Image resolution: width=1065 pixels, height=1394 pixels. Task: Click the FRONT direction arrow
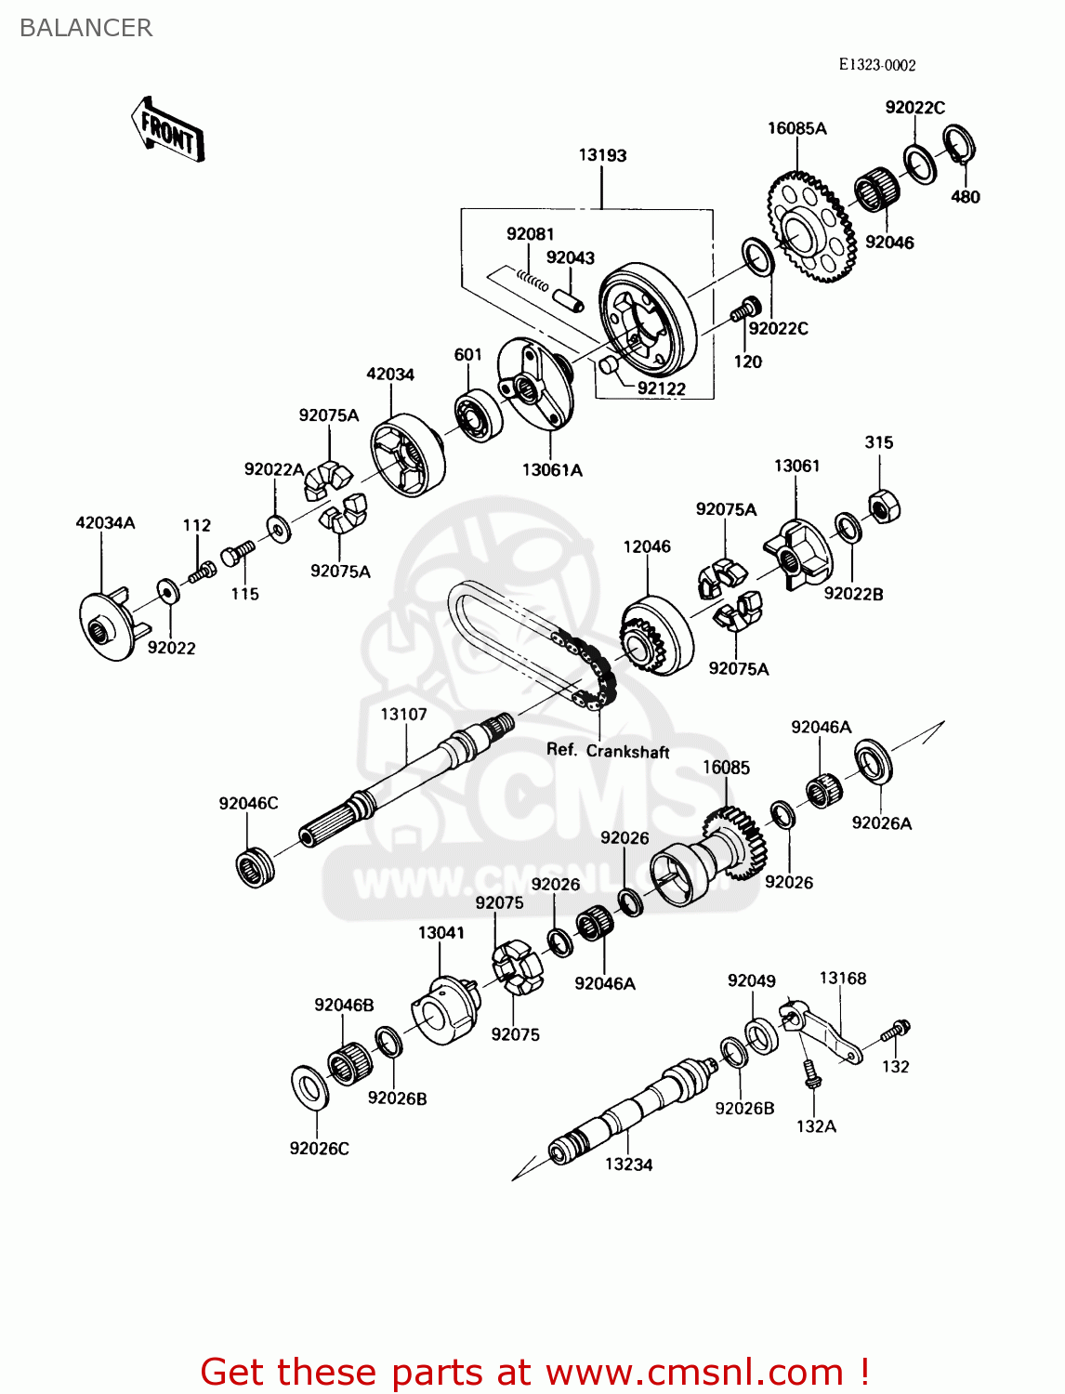pos(168,131)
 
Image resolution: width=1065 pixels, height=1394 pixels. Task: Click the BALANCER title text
pos(85,28)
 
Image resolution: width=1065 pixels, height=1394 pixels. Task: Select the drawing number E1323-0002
pos(876,65)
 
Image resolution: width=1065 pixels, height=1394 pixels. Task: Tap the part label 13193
pos(602,155)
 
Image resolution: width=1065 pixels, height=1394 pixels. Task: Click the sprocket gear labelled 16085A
pos(809,226)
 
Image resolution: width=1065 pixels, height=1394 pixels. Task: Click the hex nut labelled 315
pos(884,505)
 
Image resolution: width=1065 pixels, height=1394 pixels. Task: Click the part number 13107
pos(403,714)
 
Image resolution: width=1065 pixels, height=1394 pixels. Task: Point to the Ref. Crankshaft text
pos(607,751)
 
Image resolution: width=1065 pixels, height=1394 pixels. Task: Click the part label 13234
pos(628,1164)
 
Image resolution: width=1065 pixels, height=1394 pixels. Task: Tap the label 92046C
pos(248,803)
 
